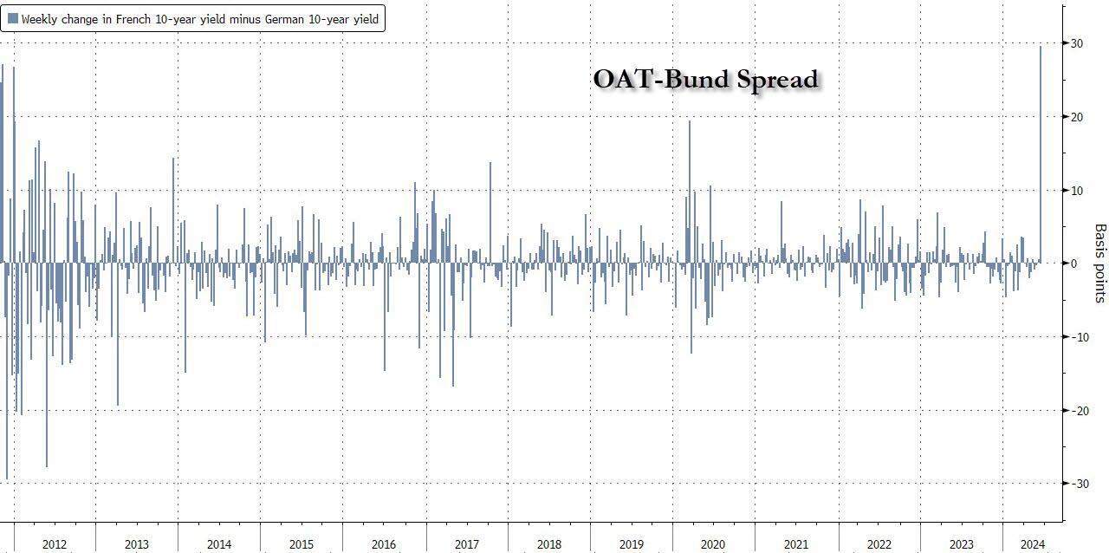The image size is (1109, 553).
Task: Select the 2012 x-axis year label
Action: click(54, 544)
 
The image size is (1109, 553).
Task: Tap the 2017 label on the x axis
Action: click(466, 544)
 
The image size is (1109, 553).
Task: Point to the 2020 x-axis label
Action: click(713, 544)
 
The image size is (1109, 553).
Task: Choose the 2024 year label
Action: click(1032, 544)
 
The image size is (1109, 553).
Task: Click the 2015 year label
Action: click(302, 544)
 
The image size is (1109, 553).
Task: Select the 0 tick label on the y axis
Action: click(1075, 263)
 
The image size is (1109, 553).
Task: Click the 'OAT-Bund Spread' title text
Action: click(705, 79)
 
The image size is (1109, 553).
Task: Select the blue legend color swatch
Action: click(13, 18)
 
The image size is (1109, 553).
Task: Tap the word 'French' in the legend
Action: click(127, 19)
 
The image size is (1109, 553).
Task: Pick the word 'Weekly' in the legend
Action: click(41, 19)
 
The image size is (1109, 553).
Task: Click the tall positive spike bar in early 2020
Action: click(690, 192)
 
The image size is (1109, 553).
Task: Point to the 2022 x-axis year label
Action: click(879, 544)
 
